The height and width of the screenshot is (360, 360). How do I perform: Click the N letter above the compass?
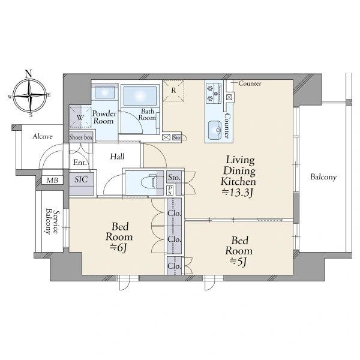[28, 74]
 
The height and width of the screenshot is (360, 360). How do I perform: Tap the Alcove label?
[43, 136]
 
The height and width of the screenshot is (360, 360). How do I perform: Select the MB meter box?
[52, 180]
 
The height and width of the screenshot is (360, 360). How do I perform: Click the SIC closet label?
[81, 179]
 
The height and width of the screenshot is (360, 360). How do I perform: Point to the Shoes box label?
[81, 137]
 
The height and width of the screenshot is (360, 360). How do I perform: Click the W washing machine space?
[80, 117]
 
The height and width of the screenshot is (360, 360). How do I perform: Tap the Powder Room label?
[104, 117]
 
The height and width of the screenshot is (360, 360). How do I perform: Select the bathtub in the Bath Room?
[140, 95]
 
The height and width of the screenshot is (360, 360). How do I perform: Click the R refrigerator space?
[173, 91]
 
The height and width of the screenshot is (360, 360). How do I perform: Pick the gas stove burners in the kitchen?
[214, 93]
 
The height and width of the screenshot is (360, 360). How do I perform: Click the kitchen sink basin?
[215, 130]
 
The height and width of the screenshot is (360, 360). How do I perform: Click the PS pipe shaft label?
[170, 190]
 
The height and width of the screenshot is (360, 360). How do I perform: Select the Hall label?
[117, 157]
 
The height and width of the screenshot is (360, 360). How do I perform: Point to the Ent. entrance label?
[80, 163]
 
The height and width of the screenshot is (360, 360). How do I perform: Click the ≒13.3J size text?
[238, 193]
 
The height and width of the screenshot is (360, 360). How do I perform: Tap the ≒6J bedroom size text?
[119, 248]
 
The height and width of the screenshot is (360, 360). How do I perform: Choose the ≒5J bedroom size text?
[239, 262]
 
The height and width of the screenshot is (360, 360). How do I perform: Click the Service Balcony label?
[52, 221]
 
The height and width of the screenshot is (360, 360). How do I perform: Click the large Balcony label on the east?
[323, 177]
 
